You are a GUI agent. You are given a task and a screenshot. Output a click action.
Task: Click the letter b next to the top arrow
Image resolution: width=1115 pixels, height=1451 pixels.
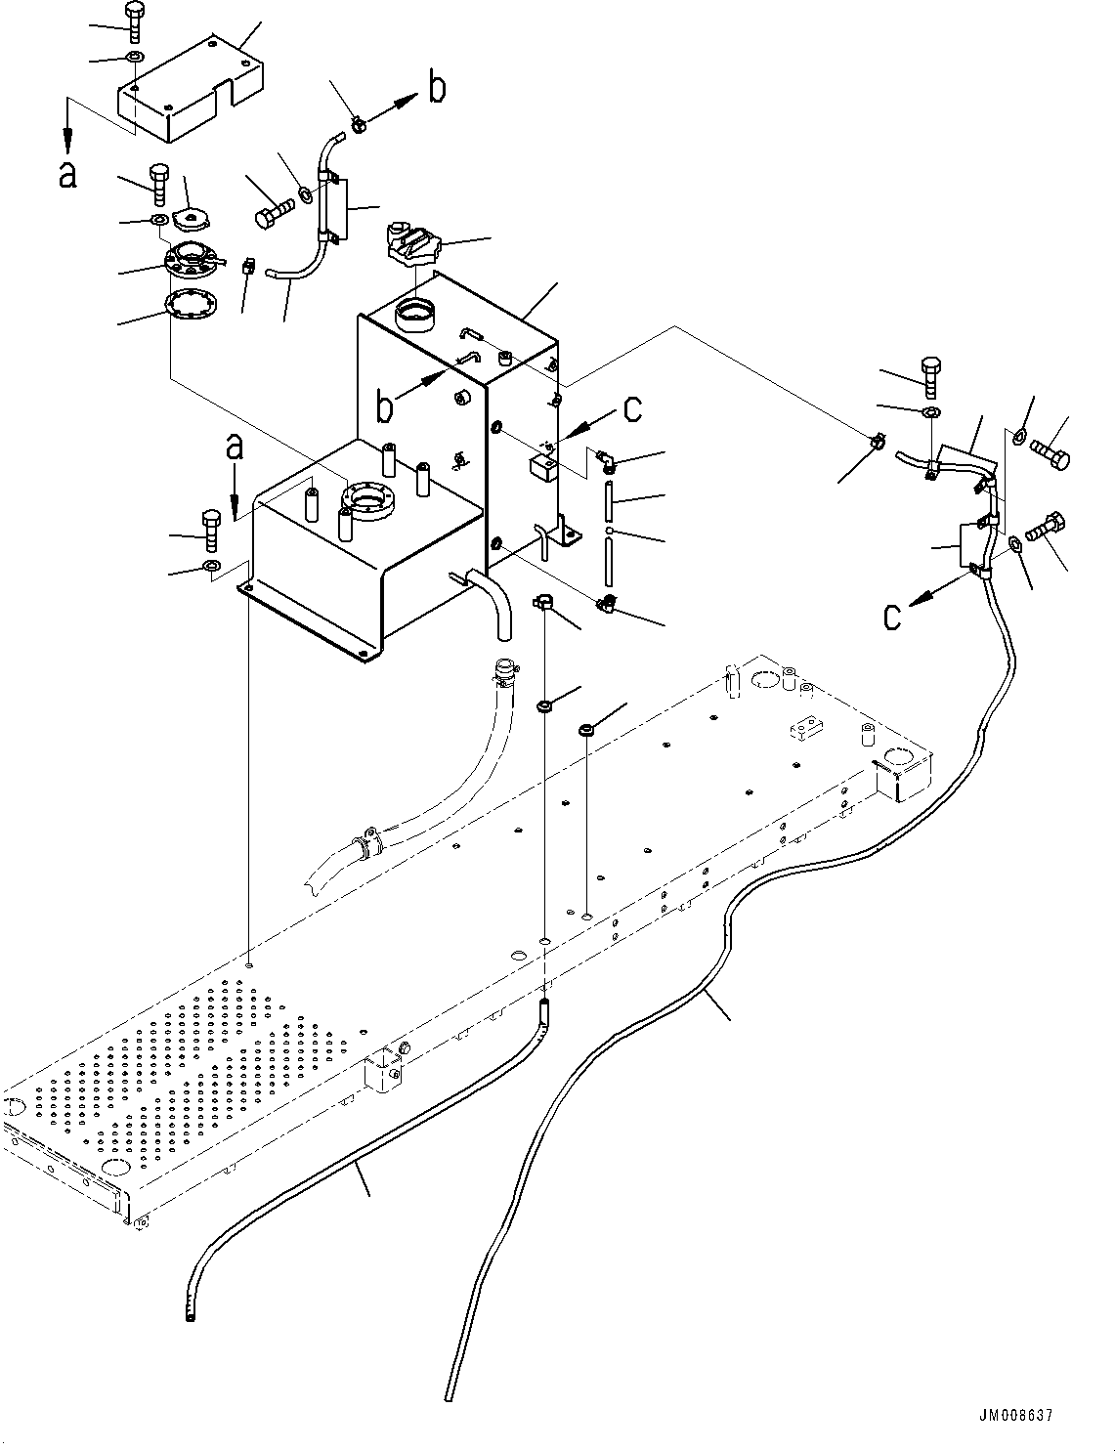coord(438,90)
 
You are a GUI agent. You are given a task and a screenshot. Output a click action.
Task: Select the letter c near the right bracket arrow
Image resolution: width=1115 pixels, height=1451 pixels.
coord(892,618)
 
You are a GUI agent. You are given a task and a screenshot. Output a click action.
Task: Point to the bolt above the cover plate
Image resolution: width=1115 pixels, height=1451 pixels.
coord(135,21)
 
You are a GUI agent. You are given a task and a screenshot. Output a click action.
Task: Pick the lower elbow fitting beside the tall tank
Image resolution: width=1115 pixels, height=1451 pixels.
coord(608,604)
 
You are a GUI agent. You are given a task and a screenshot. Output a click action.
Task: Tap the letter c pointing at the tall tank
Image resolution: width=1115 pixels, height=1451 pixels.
coord(632,409)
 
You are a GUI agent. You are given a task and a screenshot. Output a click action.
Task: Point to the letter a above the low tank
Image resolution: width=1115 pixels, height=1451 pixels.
coord(235,449)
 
